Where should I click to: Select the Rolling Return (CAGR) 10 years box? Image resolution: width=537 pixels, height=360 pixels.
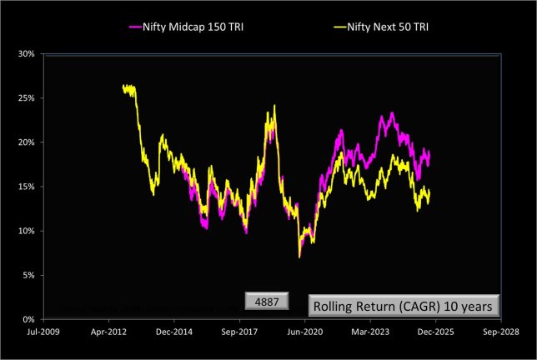point(405,306)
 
